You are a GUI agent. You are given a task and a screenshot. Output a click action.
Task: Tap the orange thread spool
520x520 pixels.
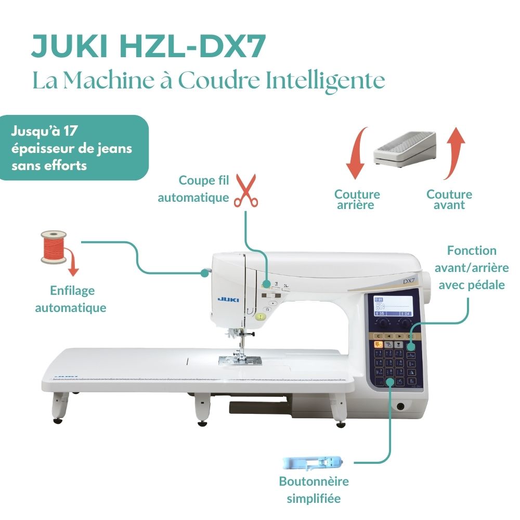53,246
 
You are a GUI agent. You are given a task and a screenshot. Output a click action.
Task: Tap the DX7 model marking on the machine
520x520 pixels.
408,281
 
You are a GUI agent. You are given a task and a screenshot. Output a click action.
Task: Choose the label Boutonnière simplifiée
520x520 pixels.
314,489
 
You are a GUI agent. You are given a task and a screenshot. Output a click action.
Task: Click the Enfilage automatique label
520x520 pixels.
71,299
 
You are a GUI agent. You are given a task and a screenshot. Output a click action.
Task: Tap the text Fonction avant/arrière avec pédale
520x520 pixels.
472,268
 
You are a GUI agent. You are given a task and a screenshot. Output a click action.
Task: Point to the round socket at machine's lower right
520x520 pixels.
400,407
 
